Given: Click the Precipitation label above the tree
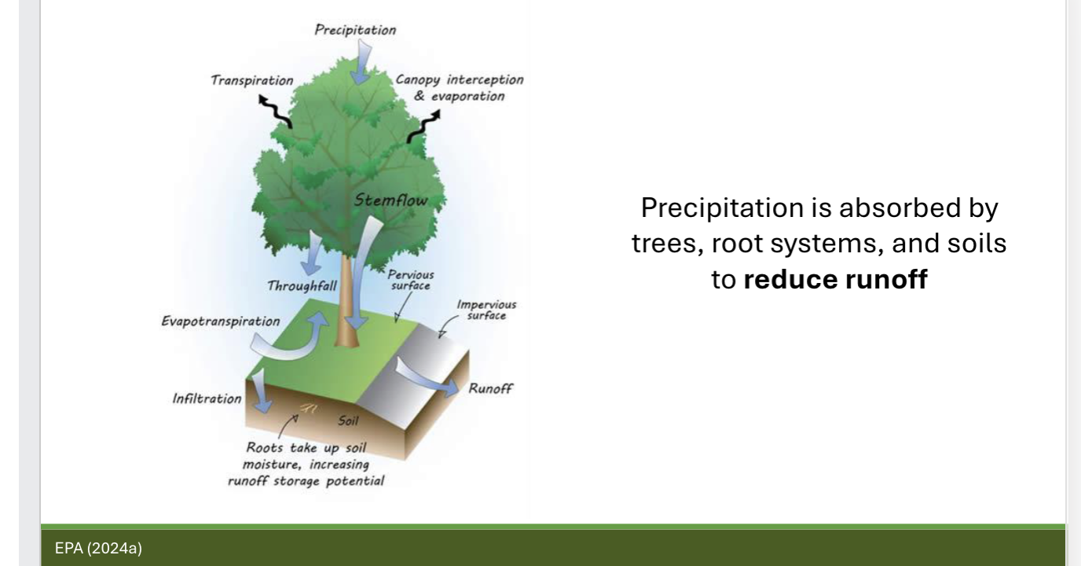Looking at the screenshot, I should (355, 30).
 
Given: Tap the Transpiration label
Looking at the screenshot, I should (251, 80).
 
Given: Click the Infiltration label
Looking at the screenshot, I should (207, 398).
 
